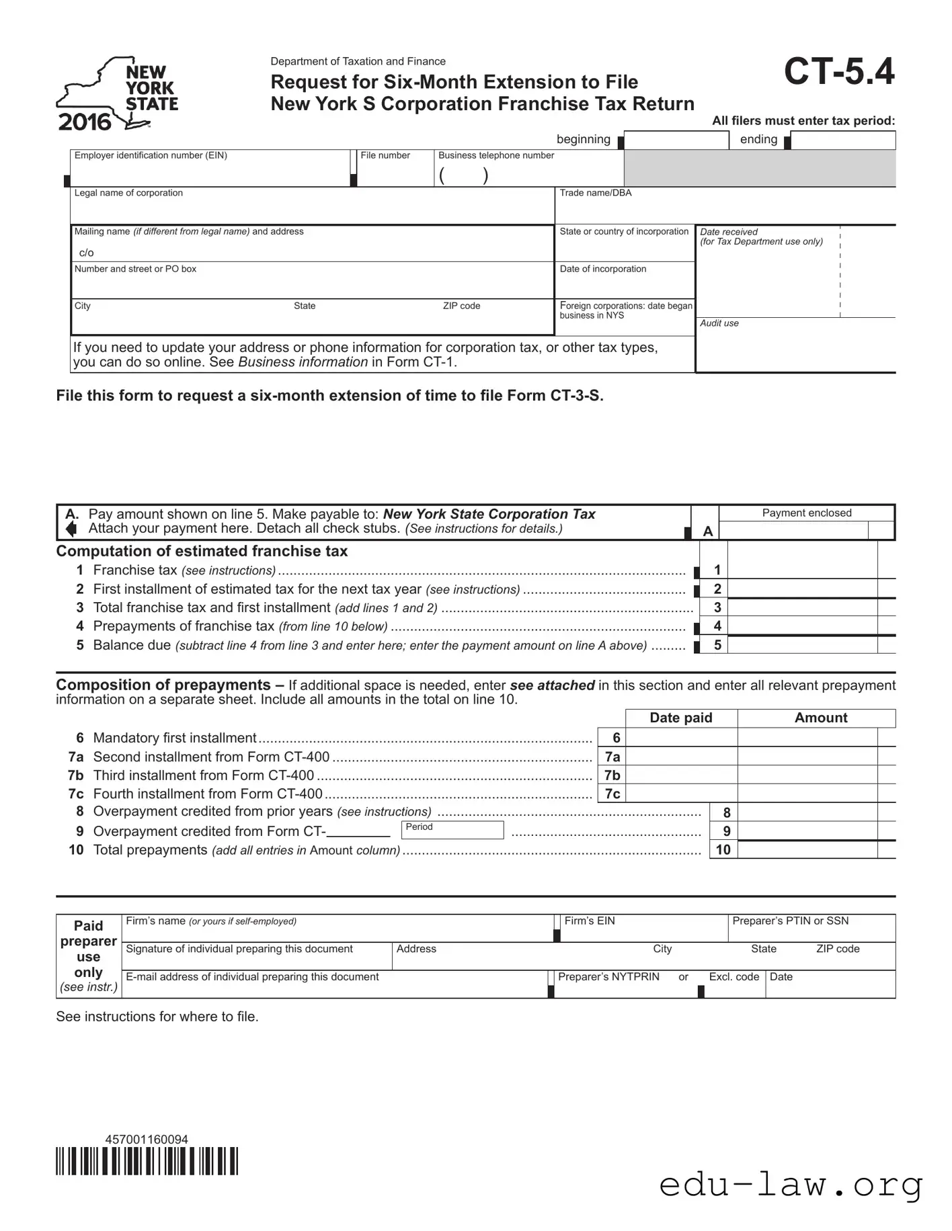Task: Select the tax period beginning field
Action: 676,140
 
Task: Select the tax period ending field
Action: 843,140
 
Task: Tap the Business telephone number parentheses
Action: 463,175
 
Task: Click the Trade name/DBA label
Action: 595,193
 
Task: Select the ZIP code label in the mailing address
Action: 461,306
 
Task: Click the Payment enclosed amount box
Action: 793,530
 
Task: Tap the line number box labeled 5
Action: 717,645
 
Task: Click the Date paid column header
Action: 680,718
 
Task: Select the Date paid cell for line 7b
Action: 680,775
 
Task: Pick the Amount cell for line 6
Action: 807,738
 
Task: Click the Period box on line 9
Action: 452,830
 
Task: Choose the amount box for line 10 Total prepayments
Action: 807,849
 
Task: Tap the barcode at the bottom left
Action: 147,1161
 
